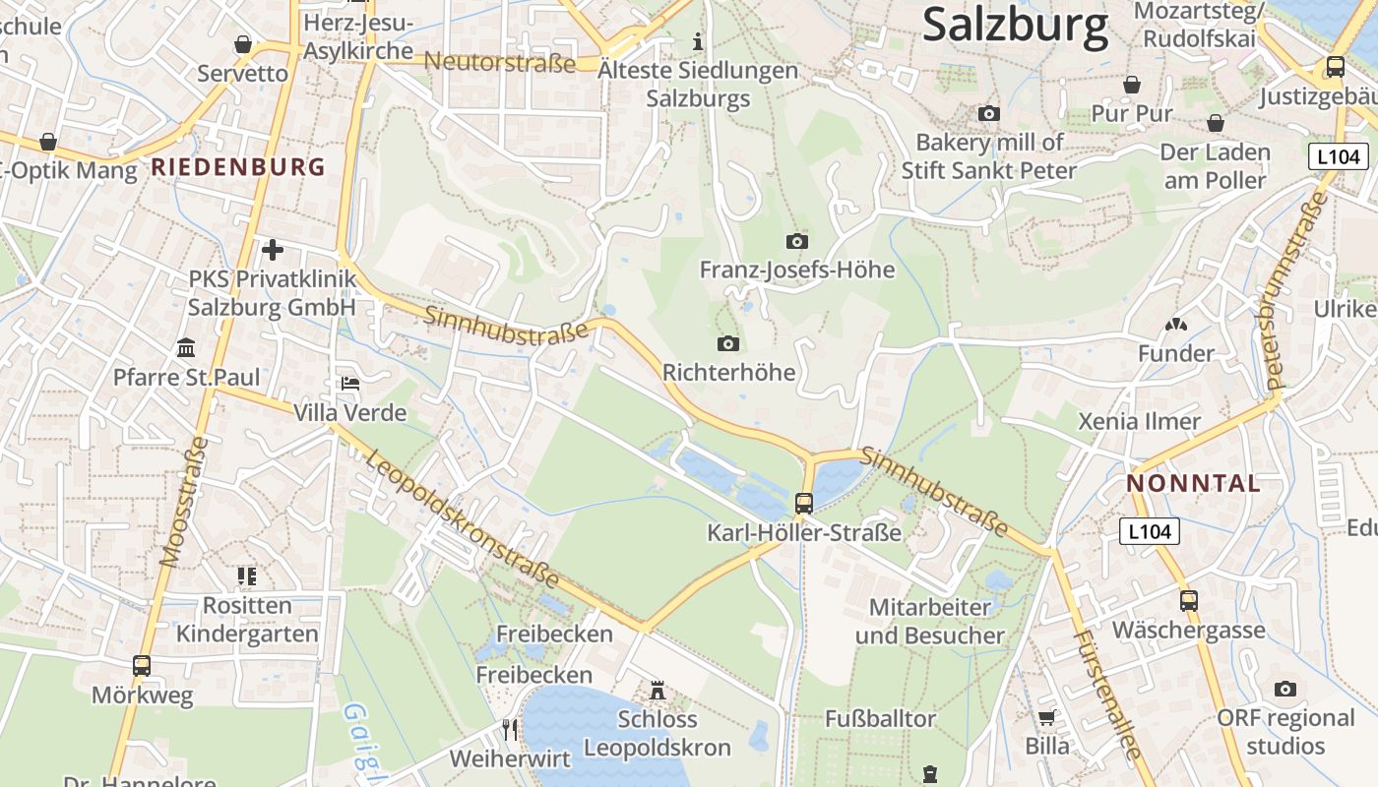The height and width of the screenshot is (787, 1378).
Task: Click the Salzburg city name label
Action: pos(1015,25)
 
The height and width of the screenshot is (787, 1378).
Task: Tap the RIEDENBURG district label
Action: pos(237,166)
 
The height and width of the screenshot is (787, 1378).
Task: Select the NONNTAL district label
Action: pos(1193,483)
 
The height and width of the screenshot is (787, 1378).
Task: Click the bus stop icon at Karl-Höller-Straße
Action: pos(804,504)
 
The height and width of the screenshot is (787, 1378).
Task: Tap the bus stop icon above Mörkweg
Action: pos(142,666)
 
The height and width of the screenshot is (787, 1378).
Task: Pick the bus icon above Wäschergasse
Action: pos(1189,600)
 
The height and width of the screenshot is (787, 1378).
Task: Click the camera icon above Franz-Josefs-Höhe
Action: pos(796,241)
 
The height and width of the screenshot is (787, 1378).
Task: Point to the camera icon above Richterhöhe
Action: pos(728,343)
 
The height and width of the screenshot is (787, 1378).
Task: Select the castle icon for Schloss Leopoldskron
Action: pos(658,691)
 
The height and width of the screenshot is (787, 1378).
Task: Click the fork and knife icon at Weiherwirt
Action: pos(510,729)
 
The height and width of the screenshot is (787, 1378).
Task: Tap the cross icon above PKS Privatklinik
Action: pos(273,250)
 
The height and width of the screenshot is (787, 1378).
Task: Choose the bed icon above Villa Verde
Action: pos(349,383)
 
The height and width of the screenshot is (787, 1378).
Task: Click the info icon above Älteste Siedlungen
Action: pos(699,41)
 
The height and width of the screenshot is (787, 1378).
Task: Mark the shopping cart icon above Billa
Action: pos(1046,717)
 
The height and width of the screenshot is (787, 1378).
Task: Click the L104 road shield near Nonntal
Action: pos(1149,532)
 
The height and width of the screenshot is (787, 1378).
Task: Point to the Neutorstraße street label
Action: pos(499,64)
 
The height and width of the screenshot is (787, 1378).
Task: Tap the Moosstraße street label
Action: pos(185,502)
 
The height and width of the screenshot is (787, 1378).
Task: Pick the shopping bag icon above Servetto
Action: pos(243,44)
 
